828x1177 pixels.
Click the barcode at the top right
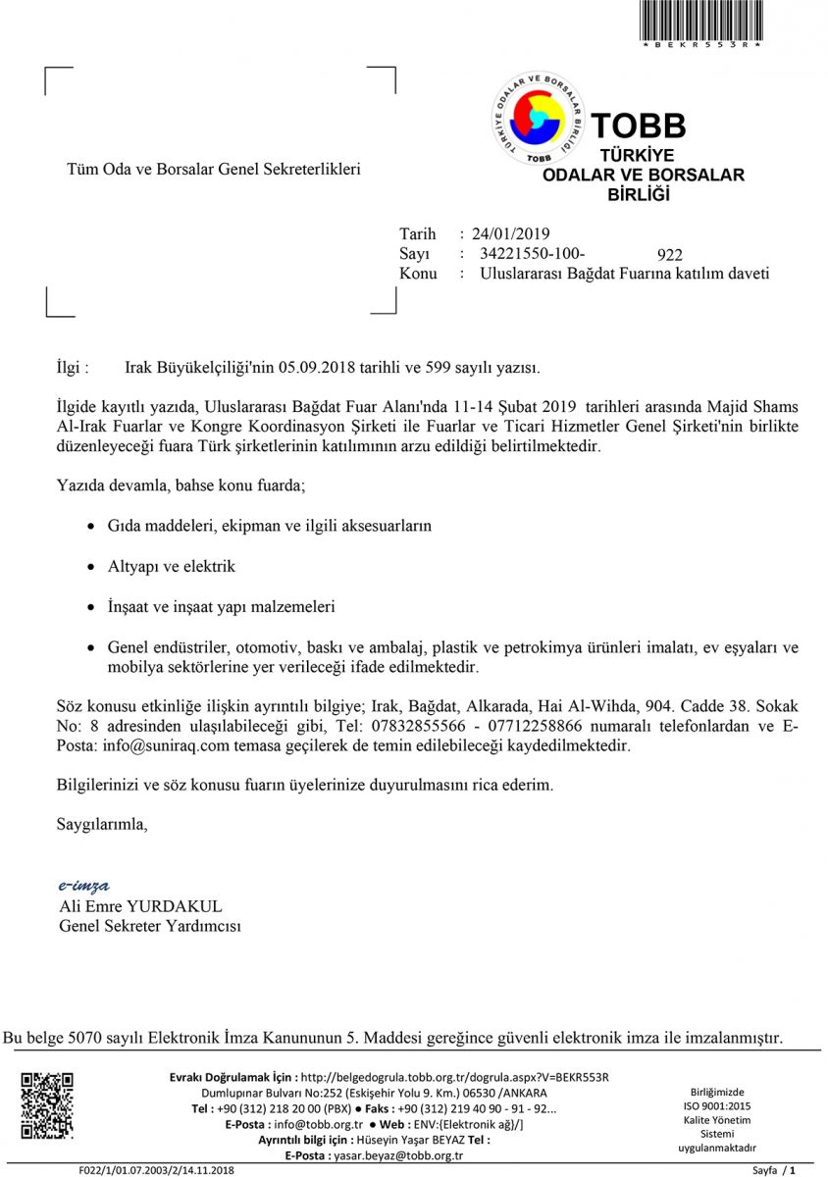coord(700,22)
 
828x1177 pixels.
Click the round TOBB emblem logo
coord(539,119)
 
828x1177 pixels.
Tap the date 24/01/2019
coord(510,234)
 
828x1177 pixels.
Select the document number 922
coord(670,256)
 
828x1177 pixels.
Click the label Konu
coord(418,274)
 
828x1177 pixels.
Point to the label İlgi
coord(73,368)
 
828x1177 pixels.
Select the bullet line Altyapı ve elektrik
coord(172,567)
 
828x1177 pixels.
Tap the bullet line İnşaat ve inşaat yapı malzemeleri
coord(221,607)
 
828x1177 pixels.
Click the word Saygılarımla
coord(104,824)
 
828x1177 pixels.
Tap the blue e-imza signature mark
coord(83,886)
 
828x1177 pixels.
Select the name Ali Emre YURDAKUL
coord(141,906)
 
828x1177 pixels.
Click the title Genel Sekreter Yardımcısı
coord(150,926)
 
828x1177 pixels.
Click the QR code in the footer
coord(47,1106)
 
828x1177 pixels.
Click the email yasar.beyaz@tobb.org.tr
coord(399,1155)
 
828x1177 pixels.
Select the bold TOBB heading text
coord(638,126)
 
